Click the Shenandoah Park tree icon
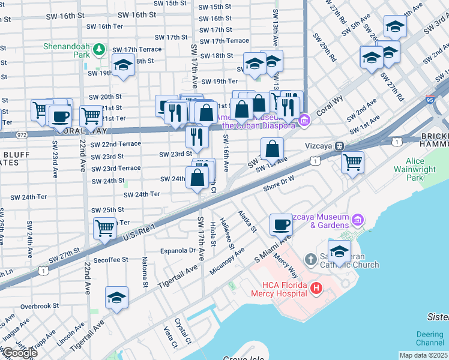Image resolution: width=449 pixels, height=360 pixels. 101,49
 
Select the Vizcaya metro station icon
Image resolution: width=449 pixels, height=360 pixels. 339,146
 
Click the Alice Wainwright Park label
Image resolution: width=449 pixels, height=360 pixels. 423,169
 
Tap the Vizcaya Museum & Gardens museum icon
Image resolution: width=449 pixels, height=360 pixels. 358,220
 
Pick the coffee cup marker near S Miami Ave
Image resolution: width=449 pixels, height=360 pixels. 281,226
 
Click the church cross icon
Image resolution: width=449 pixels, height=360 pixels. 310,260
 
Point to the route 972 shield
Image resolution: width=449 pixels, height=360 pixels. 22,134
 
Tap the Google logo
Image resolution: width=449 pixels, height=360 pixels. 19,353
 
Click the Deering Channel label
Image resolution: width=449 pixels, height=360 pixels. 430,339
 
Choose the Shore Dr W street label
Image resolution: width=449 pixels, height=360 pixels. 280,184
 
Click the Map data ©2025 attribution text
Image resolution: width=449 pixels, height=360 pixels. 423,355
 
